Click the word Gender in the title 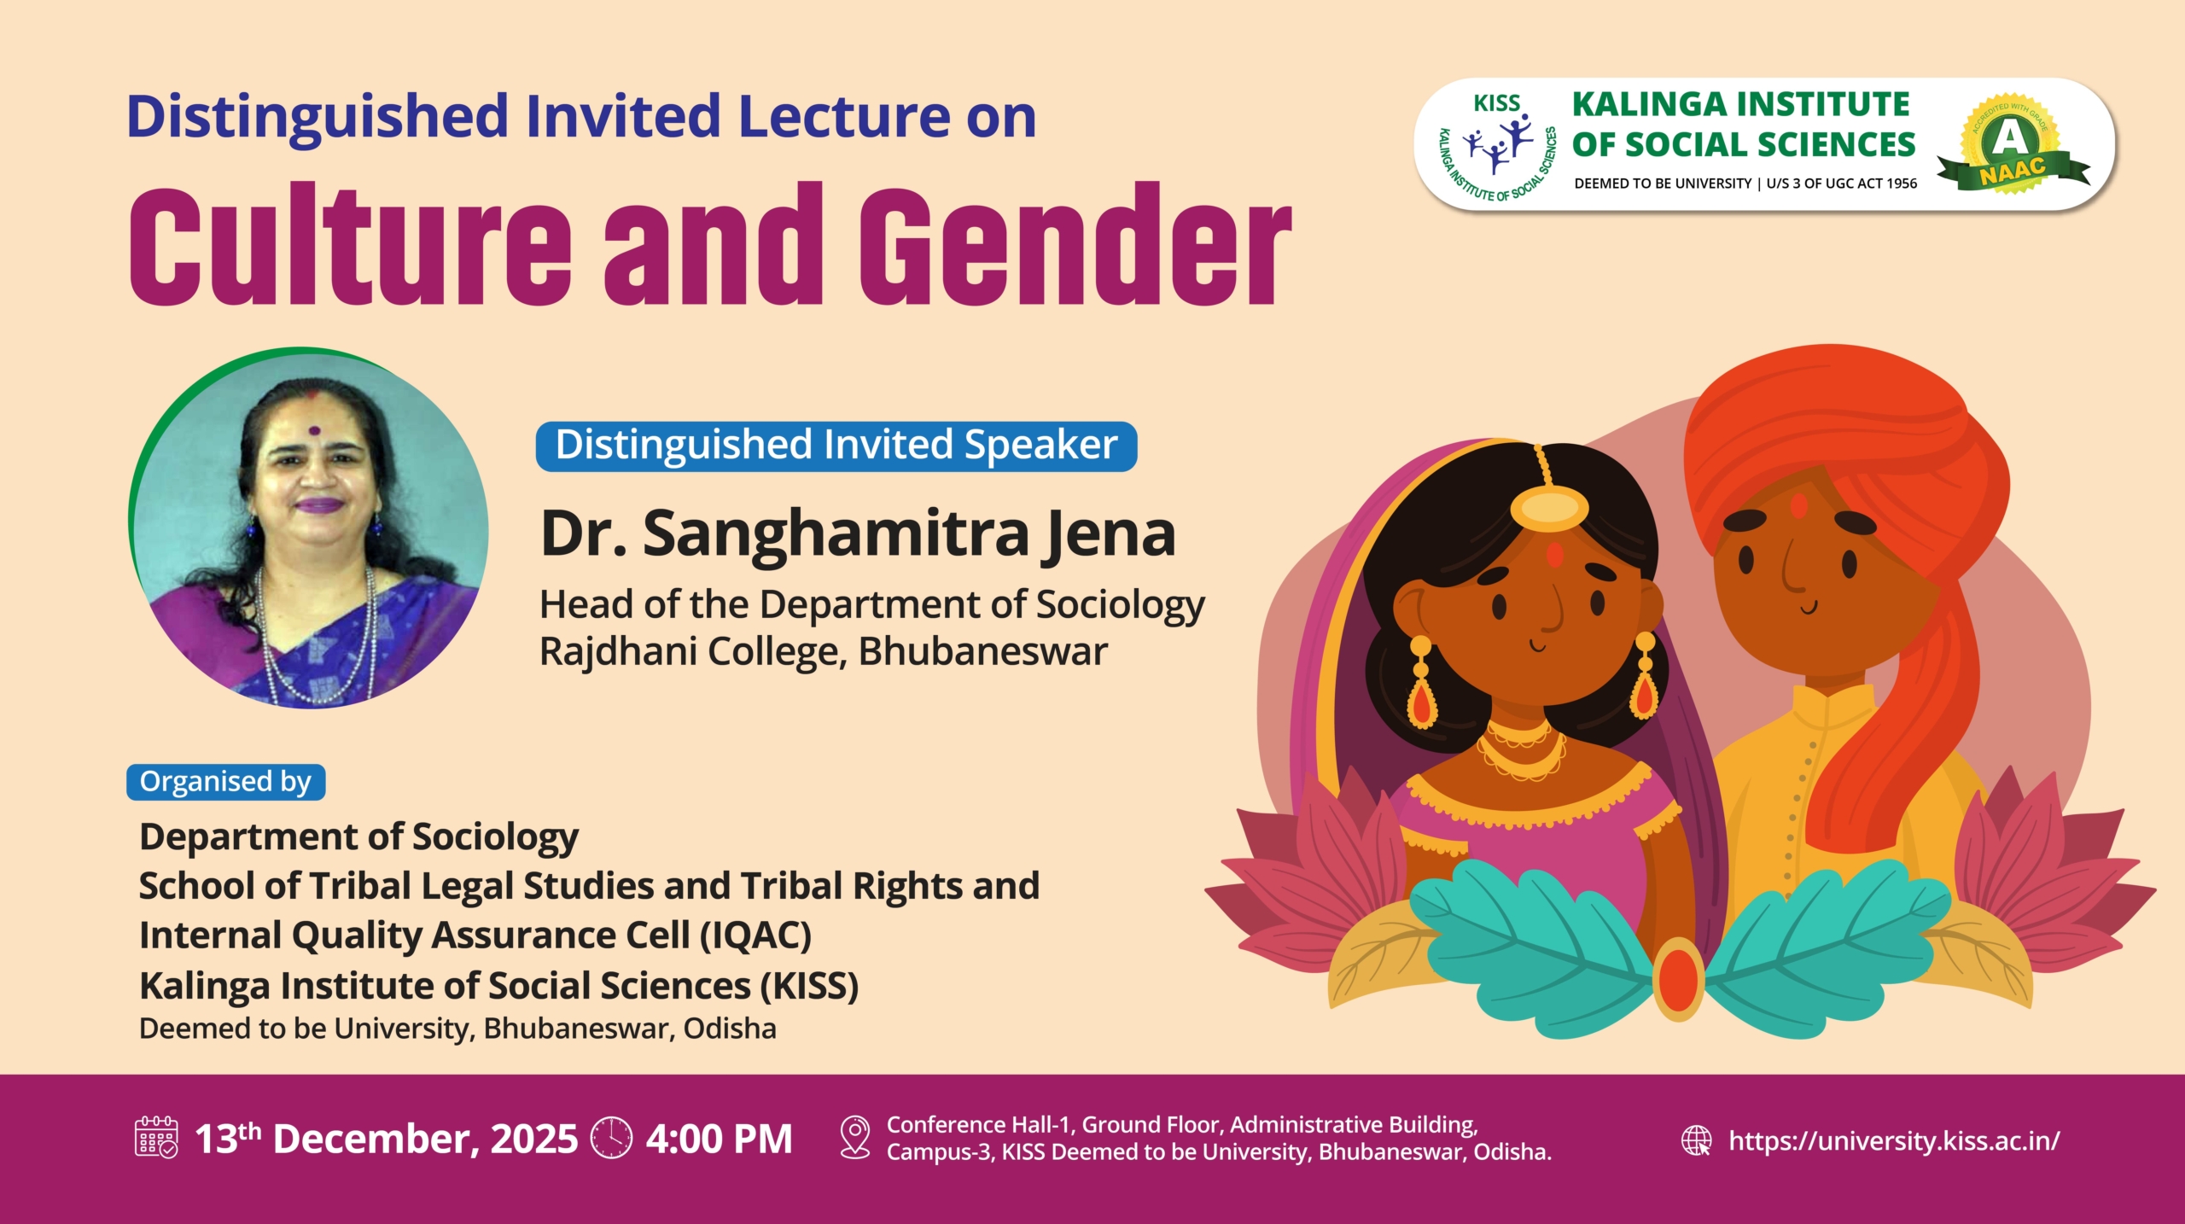1075,244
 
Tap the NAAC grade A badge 2013,144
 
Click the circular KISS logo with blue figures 1495,146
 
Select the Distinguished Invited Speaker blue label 836,446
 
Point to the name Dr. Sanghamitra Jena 859,534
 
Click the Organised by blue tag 225,782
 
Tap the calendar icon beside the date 157,1137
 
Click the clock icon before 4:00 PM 612,1137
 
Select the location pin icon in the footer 855,1137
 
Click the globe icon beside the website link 1697,1140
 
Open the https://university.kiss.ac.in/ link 1894,1140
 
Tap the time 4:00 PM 720,1139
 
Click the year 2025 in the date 534,1139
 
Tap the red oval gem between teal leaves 1679,979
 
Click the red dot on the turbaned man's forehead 1798,506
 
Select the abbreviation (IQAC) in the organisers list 755,935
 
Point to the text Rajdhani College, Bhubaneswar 824,651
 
